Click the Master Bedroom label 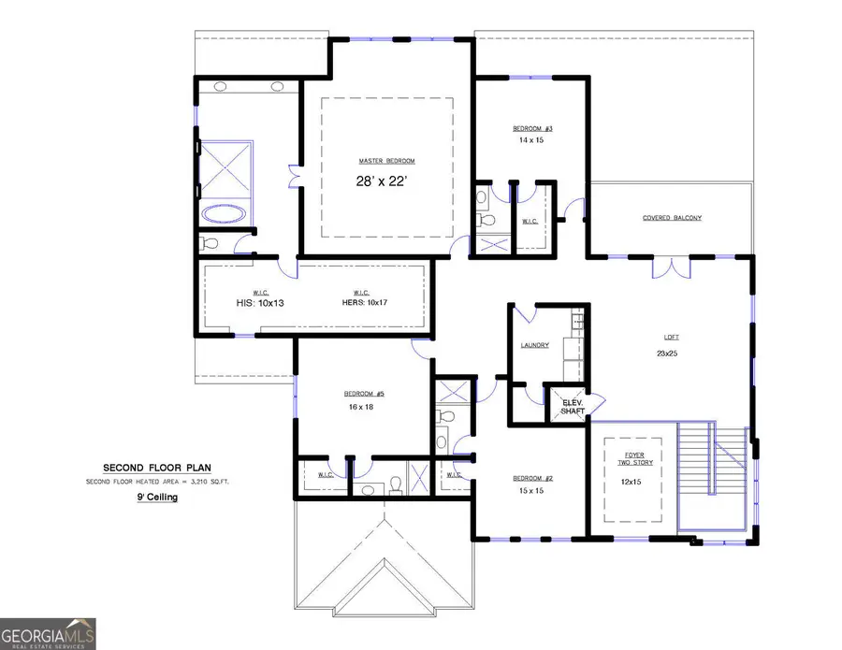tap(386, 161)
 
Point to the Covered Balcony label tap(672, 218)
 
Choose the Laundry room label tap(534, 345)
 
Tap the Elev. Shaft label tap(572, 407)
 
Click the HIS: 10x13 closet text tap(254, 303)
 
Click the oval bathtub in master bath tap(225, 213)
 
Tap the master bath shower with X tap(225, 167)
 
